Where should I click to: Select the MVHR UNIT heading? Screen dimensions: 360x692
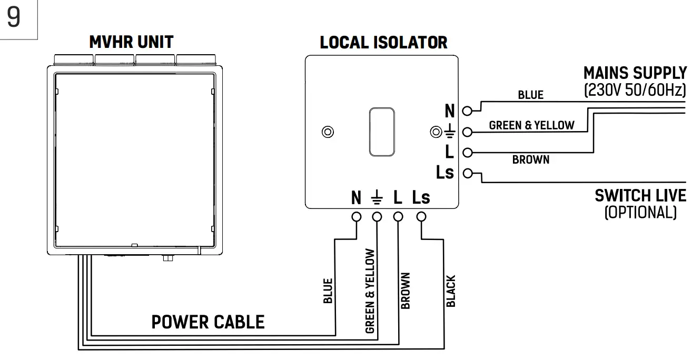click(131, 42)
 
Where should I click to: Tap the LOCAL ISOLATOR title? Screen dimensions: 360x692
click(383, 43)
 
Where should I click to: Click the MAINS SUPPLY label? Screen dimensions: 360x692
click(635, 73)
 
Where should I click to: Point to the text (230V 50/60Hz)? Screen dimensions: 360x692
click(635, 89)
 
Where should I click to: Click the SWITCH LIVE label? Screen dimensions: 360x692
click(640, 196)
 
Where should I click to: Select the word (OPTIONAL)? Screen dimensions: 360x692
click(640, 212)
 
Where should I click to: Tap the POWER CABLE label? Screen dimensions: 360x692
click(208, 322)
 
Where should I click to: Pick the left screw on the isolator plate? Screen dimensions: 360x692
click(328, 132)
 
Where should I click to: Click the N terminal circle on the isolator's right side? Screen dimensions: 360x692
click(467, 111)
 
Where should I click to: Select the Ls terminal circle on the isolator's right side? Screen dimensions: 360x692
click(467, 172)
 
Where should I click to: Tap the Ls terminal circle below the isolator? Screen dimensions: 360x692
click(421, 216)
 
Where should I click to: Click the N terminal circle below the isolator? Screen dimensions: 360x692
click(357, 216)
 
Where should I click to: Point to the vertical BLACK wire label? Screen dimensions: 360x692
click(451, 291)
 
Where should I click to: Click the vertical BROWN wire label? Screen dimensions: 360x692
click(405, 291)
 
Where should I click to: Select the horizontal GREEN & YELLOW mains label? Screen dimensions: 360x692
click(531, 125)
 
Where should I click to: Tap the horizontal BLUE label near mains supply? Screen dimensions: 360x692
click(530, 95)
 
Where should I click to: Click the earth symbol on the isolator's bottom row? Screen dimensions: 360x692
click(377, 198)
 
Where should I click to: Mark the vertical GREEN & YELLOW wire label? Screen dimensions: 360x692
click(370, 291)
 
